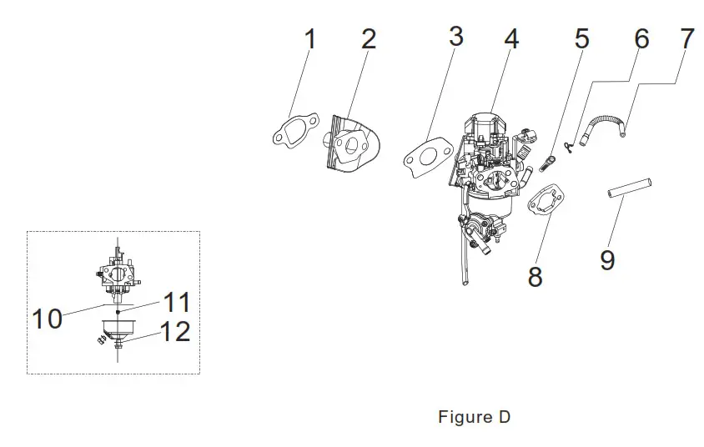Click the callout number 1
tap(310, 40)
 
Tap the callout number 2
tap(369, 38)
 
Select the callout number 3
tap(455, 37)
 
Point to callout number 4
tap(510, 38)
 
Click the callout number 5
tap(581, 38)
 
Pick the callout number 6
tap(641, 38)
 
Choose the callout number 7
tap(686, 38)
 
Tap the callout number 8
tap(535, 276)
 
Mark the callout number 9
tap(607, 260)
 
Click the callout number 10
tap(48, 318)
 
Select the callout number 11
tap(176, 301)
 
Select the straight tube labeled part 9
tap(628, 188)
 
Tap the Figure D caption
tap(474, 417)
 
